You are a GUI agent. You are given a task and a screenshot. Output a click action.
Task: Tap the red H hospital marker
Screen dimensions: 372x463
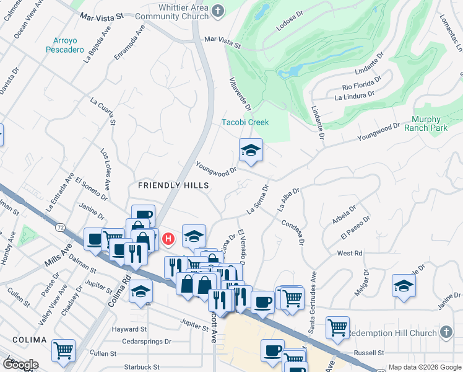168,239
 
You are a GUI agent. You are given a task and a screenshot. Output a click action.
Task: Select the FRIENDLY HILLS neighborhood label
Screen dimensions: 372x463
173,185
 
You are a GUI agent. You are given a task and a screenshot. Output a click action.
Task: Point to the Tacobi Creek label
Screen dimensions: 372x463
246,122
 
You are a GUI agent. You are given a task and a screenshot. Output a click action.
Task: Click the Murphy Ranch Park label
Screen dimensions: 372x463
426,124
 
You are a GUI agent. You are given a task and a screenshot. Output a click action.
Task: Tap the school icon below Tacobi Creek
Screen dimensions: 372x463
251,151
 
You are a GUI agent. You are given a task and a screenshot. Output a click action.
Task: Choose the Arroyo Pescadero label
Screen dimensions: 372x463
64,45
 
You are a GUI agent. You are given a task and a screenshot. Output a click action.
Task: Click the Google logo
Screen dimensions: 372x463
21,364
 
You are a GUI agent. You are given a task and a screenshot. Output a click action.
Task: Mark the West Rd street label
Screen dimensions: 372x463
349,254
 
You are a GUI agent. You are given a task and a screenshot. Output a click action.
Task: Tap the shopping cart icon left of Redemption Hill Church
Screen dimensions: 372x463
337,327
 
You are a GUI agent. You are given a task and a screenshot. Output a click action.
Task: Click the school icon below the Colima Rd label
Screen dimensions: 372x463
141,291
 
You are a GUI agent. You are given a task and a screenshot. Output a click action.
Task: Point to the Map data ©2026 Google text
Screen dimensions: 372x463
424,367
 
